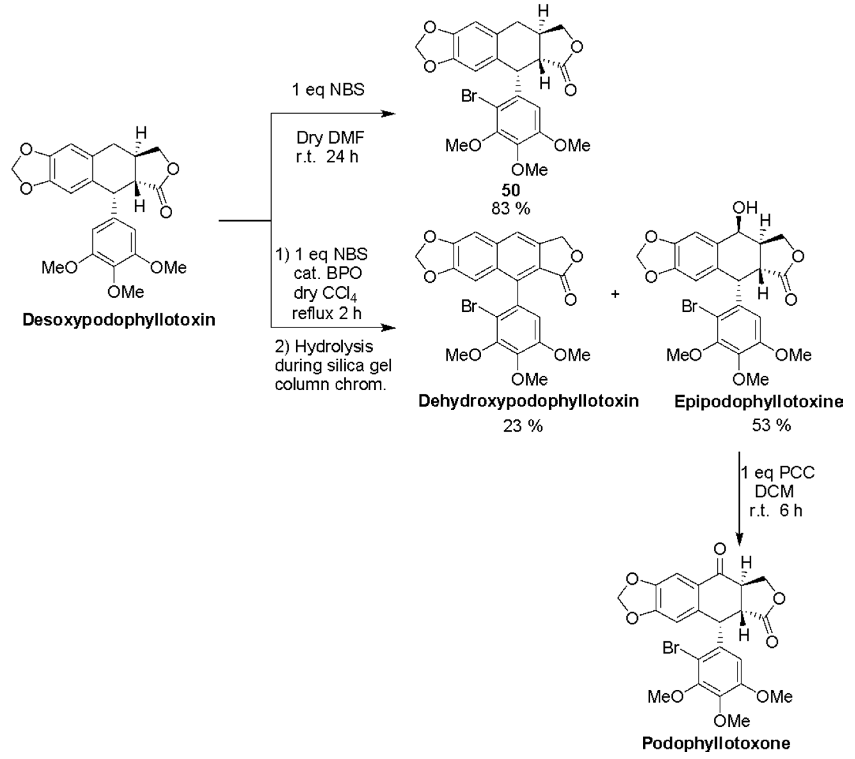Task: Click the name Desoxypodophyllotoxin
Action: (x=119, y=320)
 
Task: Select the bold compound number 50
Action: (x=511, y=191)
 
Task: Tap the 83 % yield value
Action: (x=511, y=208)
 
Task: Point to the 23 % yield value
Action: (x=523, y=426)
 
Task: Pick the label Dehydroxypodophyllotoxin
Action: (x=528, y=401)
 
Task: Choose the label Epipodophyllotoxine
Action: (x=758, y=402)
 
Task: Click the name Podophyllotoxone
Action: (x=716, y=743)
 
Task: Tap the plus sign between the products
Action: (x=615, y=294)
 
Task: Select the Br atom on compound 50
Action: (x=469, y=96)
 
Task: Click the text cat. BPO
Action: (x=328, y=274)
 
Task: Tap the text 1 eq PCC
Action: (x=777, y=473)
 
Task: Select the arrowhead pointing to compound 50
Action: (x=389, y=113)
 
